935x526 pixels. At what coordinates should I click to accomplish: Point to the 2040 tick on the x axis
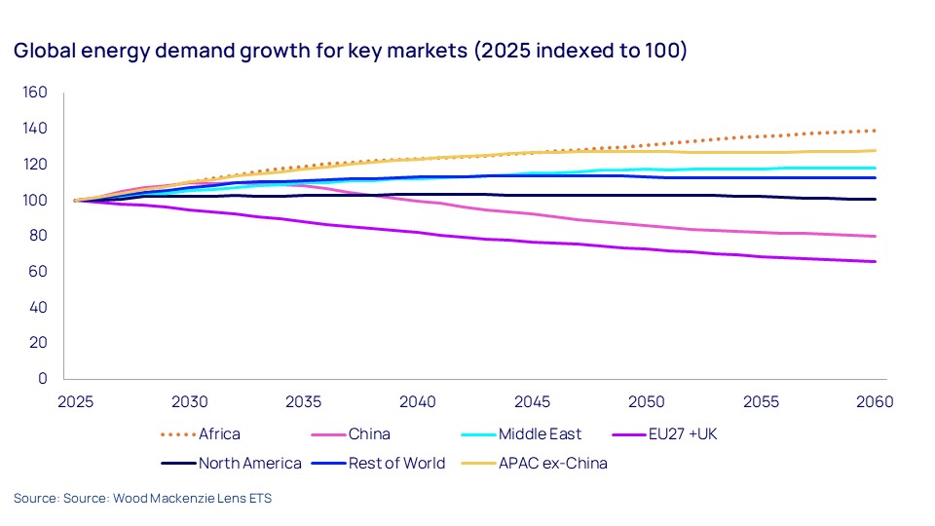(x=418, y=401)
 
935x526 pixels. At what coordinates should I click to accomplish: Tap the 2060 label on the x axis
(x=875, y=401)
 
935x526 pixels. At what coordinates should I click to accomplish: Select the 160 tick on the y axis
(x=35, y=94)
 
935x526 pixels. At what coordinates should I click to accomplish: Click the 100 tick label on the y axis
(x=35, y=201)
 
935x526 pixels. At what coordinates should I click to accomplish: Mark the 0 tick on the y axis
(x=43, y=378)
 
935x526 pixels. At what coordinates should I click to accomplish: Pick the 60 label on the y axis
(x=39, y=272)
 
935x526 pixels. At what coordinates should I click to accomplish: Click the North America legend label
(x=250, y=463)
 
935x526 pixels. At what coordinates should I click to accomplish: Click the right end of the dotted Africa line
(x=876, y=131)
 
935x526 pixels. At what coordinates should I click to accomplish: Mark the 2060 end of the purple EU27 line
(x=876, y=261)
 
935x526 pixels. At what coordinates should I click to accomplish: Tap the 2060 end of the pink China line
(x=876, y=236)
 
